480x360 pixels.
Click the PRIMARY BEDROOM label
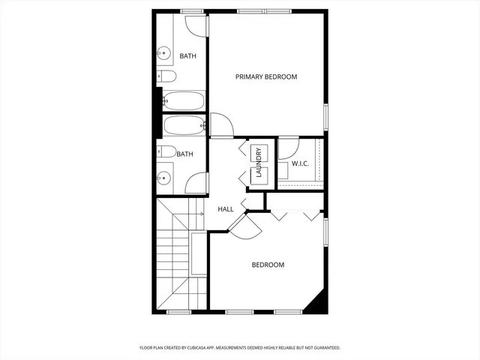[x=266, y=77]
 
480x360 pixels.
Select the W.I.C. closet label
[x=301, y=163]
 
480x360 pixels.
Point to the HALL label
[x=226, y=209]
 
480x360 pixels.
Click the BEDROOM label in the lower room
[x=268, y=265]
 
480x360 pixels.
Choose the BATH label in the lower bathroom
[x=184, y=154]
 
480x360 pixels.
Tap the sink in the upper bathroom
[x=163, y=52]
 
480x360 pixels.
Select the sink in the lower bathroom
[x=163, y=178]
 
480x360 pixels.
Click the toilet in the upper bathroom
[x=167, y=76]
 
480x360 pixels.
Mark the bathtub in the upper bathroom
[x=184, y=100]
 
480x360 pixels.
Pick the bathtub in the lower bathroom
[x=184, y=125]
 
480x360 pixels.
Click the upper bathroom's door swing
[x=195, y=24]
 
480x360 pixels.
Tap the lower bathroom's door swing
[x=196, y=183]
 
